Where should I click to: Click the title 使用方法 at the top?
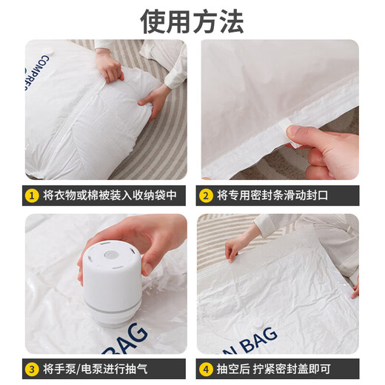(x=192, y=21)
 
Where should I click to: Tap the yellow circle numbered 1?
(x=32, y=196)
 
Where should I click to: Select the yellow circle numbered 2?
(x=206, y=196)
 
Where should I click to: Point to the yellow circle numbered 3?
(x=32, y=369)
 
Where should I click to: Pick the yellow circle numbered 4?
(x=206, y=369)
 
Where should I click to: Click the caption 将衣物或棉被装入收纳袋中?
(x=110, y=195)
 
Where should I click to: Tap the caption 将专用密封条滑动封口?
(x=272, y=195)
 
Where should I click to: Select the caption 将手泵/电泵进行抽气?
(x=96, y=369)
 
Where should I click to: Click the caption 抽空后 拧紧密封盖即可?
(x=274, y=369)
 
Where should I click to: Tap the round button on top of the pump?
(x=110, y=255)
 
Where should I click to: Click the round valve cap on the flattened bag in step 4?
(x=260, y=324)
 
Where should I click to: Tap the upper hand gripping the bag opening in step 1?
(x=110, y=66)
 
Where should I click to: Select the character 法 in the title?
(x=232, y=21)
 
